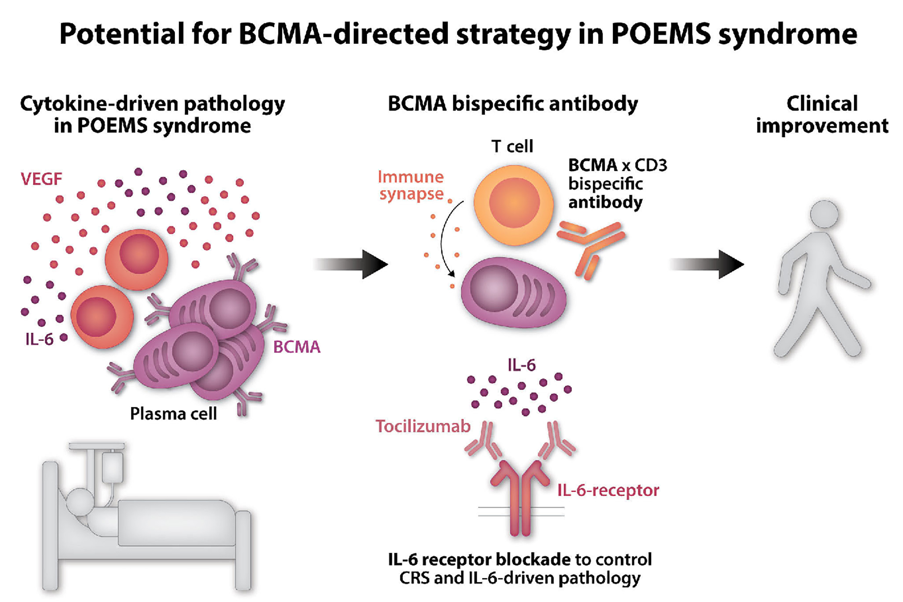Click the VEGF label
[41, 179]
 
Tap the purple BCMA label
[297, 347]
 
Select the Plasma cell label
[174, 414]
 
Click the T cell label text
[512, 146]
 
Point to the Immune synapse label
[411, 185]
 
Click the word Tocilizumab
[423, 426]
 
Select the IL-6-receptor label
[608, 490]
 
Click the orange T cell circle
[514, 205]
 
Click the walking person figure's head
[824, 214]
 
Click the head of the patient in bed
[81, 502]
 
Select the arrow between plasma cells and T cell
[351, 264]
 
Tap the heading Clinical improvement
[822, 114]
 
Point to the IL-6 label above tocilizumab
[522, 365]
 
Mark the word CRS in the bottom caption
[415, 578]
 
